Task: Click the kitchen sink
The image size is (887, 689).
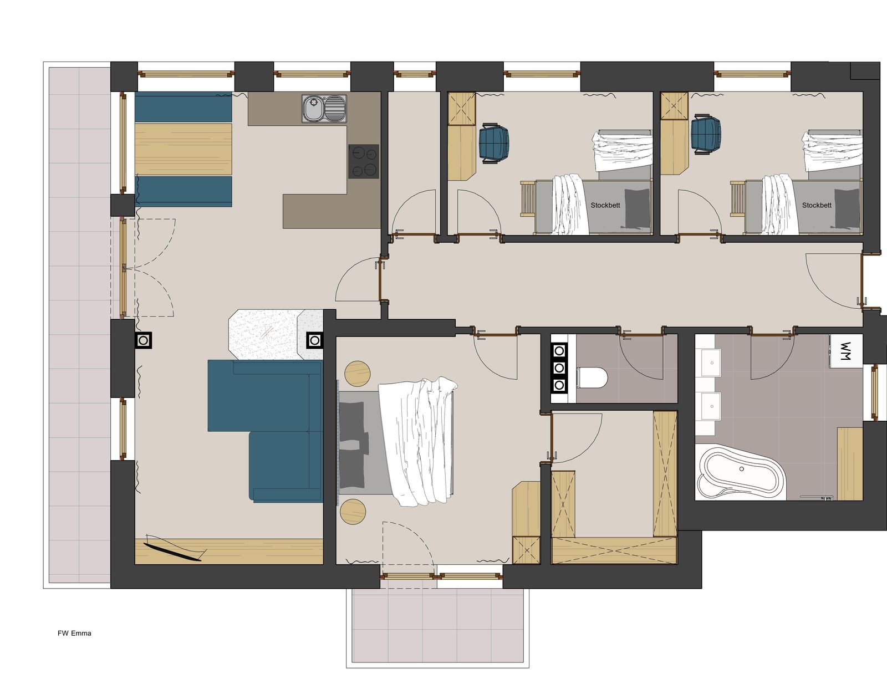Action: [x=324, y=109]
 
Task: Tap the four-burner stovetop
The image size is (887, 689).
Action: [x=364, y=161]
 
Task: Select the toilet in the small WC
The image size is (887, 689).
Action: [x=592, y=377]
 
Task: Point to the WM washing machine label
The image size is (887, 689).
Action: [x=844, y=351]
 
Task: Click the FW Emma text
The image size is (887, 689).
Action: [x=74, y=633]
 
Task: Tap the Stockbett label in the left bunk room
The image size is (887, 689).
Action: [x=605, y=205]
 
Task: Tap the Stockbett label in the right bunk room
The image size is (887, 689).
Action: [x=817, y=205]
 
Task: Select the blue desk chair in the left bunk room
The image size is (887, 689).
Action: [x=494, y=143]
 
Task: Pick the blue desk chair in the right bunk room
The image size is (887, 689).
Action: [x=706, y=135]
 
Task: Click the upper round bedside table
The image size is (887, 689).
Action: [x=357, y=373]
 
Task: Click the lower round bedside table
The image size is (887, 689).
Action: [x=353, y=511]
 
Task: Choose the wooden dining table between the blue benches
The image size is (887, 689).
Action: [x=183, y=149]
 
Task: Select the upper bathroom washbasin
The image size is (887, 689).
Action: [x=711, y=363]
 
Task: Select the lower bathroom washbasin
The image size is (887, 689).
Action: [x=711, y=406]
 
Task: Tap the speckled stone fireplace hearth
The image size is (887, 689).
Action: [x=276, y=334]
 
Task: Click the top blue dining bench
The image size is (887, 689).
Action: [x=183, y=107]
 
